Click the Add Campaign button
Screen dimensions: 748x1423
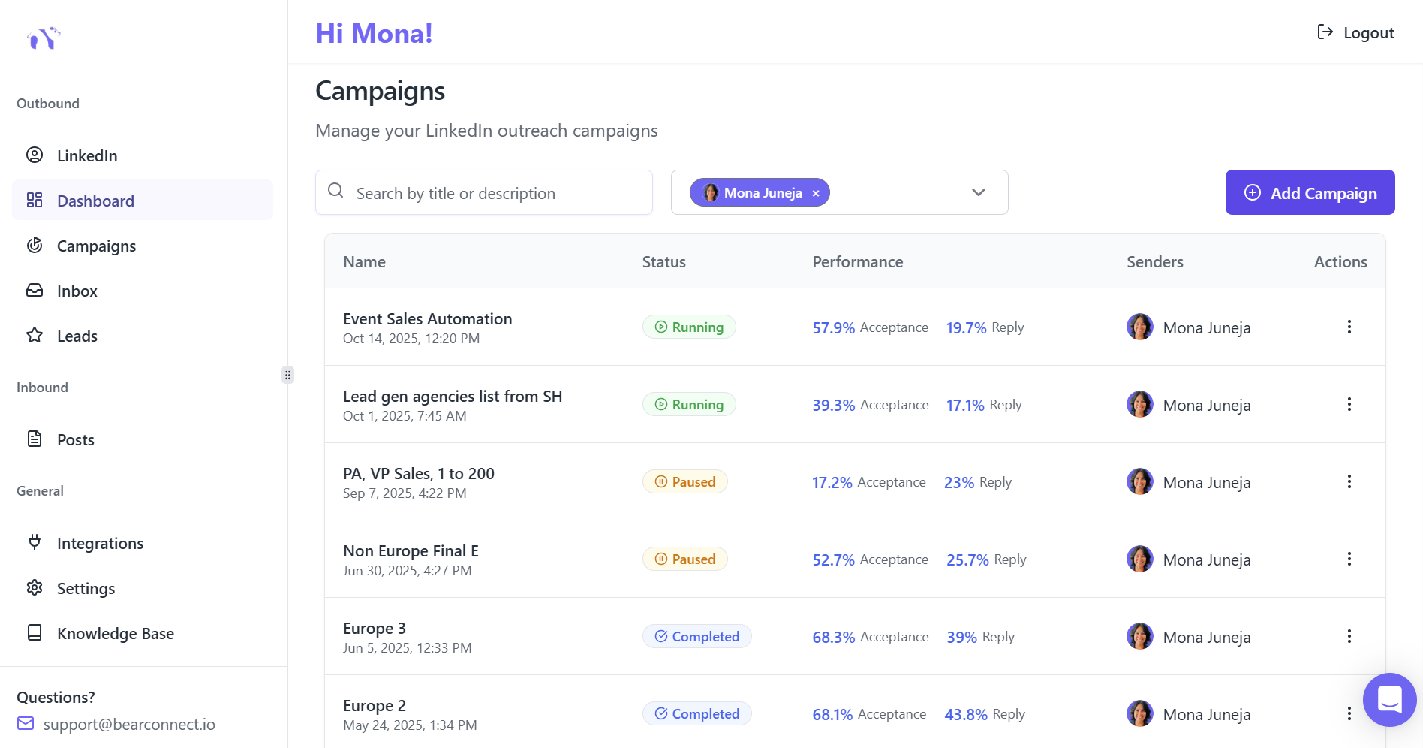tap(1310, 193)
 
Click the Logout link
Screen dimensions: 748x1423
tap(1356, 33)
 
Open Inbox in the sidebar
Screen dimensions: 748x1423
tap(77, 291)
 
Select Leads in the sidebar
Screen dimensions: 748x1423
tap(77, 336)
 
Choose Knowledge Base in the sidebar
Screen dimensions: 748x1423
tap(115, 634)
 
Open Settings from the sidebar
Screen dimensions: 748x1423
tap(86, 589)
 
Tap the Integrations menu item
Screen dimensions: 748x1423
tap(100, 544)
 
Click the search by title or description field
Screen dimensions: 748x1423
tap(495, 193)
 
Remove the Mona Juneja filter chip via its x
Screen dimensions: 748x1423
tap(816, 193)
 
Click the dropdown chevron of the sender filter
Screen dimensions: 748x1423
tap(978, 192)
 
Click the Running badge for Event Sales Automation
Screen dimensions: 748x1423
tap(689, 327)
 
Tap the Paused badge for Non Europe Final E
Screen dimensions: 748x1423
tap(684, 559)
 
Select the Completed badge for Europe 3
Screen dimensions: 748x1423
tap(696, 637)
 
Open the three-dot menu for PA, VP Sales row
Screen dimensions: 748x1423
tap(1349, 482)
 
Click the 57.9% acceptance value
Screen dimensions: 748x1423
tap(833, 328)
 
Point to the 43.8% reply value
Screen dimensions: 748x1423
tap(965, 715)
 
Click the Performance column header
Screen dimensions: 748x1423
tap(857, 262)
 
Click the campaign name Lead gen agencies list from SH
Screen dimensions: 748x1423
tap(452, 397)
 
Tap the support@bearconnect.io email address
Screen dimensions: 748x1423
tap(129, 725)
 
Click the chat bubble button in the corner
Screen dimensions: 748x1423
tap(1389, 700)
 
